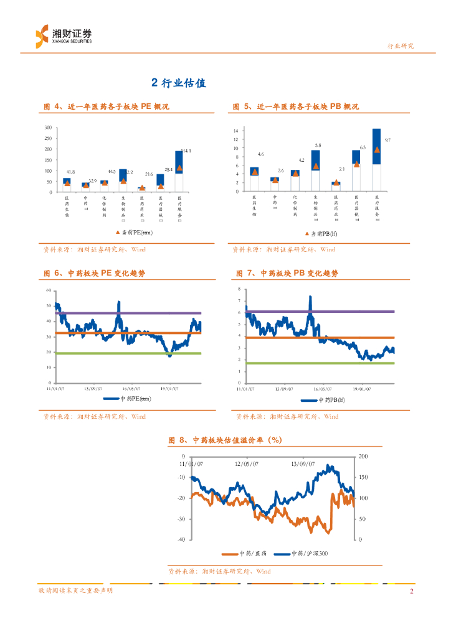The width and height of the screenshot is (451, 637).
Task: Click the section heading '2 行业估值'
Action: [179, 83]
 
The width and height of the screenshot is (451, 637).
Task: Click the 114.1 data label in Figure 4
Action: [185, 151]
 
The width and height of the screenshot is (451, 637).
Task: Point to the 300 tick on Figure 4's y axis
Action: [49, 128]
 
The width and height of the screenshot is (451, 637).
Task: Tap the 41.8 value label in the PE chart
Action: [70, 172]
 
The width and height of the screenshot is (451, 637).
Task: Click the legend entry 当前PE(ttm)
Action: [133, 232]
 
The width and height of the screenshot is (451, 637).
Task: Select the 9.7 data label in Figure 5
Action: [387, 141]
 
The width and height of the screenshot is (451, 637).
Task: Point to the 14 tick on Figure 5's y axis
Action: [236, 131]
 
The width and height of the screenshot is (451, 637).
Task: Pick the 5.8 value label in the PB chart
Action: [318, 144]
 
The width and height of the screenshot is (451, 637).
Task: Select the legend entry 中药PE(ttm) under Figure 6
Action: [128, 398]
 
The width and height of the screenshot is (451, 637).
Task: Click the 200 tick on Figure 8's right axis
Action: [363, 457]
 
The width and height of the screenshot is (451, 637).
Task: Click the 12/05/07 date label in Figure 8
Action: [247, 463]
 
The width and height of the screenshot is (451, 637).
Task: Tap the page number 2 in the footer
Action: [412, 591]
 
